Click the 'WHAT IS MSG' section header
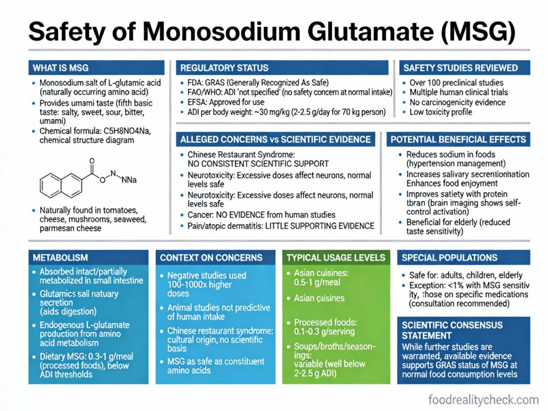(60, 68)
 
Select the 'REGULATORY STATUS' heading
(224, 68)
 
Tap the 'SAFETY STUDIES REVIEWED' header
(460, 68)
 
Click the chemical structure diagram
(86, 177)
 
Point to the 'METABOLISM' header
(60, 257)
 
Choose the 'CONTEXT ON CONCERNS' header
(211, 257)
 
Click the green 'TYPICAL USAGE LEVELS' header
(336, 257)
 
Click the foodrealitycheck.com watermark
(483, 399)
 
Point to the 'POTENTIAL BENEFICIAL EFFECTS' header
(458, 139)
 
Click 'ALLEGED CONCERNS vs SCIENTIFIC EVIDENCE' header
(276, 139)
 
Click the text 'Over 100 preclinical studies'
(456, 83)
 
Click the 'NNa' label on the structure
(128, 180)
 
